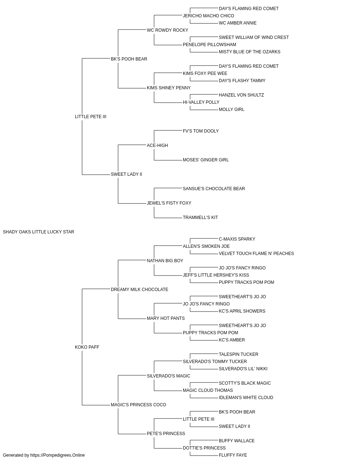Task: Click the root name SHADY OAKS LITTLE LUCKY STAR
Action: point(39,232)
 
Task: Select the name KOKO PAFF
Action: point(87,347)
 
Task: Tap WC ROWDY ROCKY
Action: point(167,30)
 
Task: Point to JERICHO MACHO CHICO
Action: point(208,16)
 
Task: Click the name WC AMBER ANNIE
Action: point(238,23)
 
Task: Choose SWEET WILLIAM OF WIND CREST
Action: point(254,37)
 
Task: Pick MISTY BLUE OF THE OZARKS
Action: point(249,52)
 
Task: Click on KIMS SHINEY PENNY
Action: point(169,88)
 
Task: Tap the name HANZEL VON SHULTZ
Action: point(241,95)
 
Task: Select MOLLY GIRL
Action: point(231,109)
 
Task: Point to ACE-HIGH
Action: point(157,146)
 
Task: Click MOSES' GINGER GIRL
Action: point(206,160)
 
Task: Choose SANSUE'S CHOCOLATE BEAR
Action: point(214,189)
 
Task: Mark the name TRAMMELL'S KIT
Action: point(201,218)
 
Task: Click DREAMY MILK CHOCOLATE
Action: point(140,290)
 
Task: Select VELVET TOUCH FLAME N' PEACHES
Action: point(256,254)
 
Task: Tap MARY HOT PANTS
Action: point(166,318)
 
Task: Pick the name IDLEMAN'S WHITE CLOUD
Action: point(246,398)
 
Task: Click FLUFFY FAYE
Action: point(233,455)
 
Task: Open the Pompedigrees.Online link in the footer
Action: point(57,455)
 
